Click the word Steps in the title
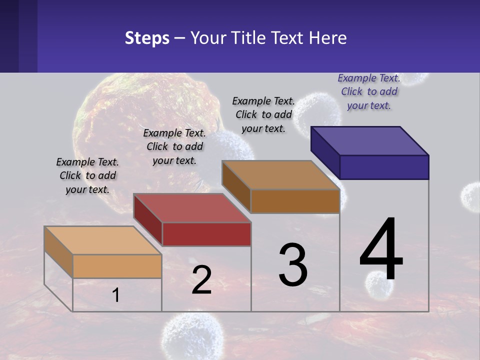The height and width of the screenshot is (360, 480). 147,38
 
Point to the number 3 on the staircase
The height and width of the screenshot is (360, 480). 293,265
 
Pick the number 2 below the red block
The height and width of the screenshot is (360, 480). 201,280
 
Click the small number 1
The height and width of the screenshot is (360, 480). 116,295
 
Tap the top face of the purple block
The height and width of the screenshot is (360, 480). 370,140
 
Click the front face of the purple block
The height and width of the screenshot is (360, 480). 384,167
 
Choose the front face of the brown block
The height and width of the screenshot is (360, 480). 295,201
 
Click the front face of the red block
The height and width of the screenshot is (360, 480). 206,234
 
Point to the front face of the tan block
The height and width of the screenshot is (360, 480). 117,266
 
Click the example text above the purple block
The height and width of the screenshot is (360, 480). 369,91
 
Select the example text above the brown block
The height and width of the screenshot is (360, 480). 263,114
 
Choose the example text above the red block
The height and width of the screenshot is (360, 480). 174,146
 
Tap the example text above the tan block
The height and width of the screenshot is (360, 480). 87,175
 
